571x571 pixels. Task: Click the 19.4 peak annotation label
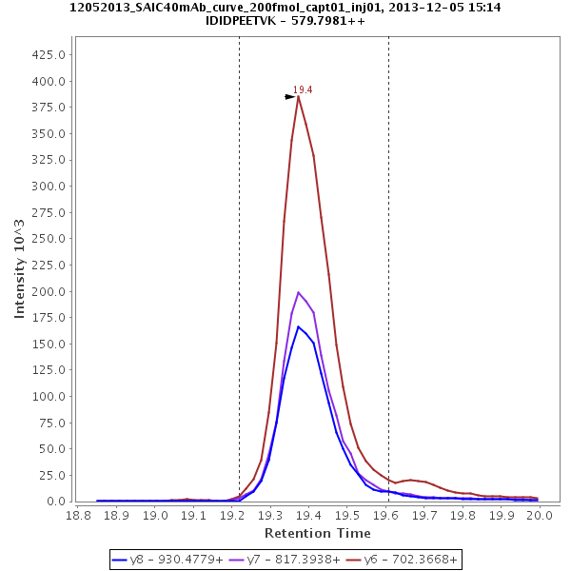tap(303, 89)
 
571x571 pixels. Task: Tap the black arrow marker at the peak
tap(290, 97)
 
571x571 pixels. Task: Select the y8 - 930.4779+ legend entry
tap(170, 560)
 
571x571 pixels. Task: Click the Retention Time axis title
tap(318, 532)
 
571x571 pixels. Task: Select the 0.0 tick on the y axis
tap(54, 502)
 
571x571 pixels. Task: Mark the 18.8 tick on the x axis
tap(78, 514)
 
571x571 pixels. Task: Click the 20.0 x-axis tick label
tap(540, 514)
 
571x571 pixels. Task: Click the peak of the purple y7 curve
tap(298, 292)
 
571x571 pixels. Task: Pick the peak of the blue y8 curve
tap(298, 326)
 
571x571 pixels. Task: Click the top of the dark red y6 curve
tap(298, 96)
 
